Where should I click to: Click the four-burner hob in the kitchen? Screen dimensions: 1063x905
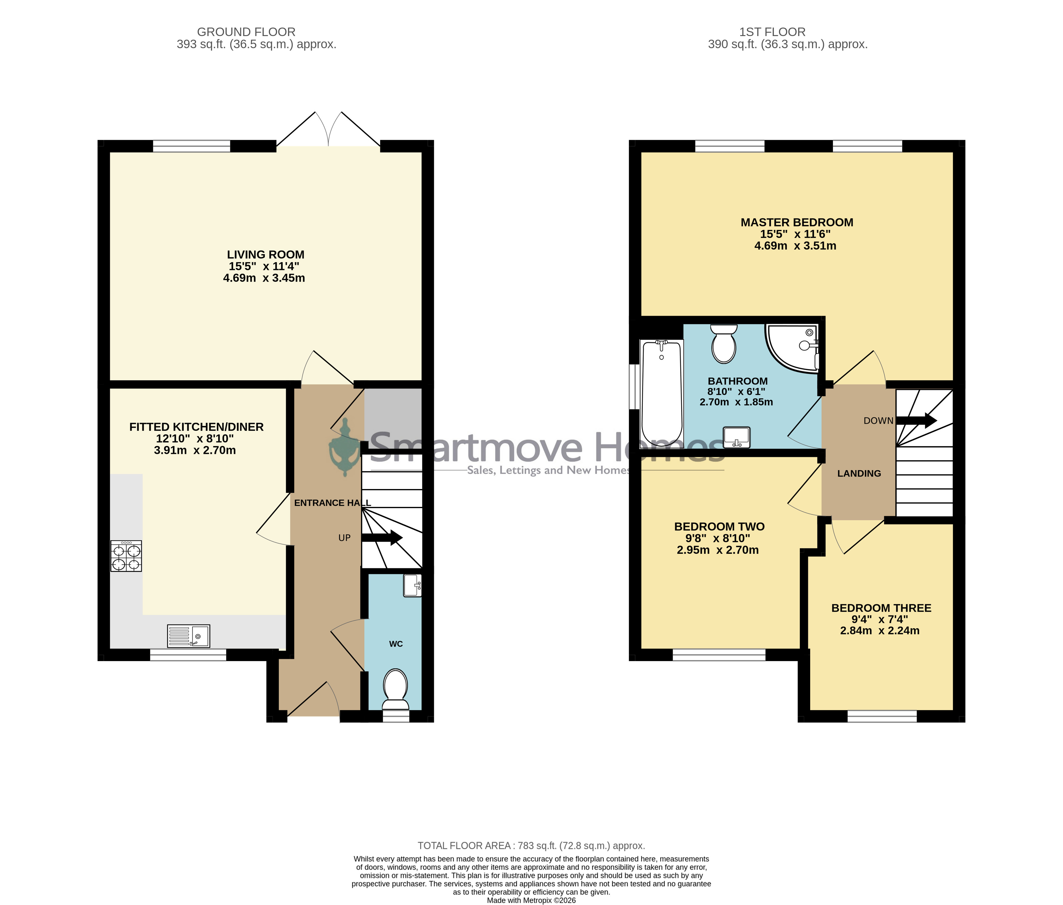[126, 556]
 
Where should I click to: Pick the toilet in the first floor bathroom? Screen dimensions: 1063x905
[724, 344]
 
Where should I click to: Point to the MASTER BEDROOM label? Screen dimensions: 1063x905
[797, 222]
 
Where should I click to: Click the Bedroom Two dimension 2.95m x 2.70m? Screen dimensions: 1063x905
[718, 550]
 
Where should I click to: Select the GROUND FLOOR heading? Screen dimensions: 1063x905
[246, 32]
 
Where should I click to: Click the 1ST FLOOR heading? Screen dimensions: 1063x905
[773, 32]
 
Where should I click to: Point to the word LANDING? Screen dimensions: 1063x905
[859, 473]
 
